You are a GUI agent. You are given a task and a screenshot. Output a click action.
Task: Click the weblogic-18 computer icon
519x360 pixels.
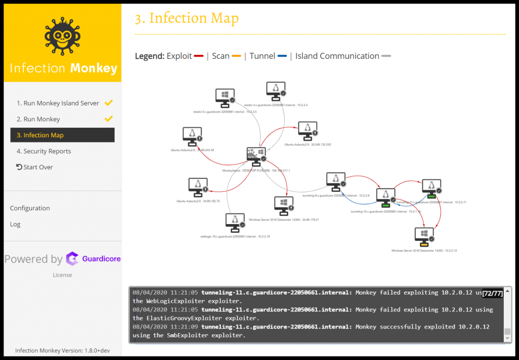tap(235, 222)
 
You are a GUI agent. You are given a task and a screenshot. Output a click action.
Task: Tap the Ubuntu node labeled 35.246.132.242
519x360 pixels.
tap(307, 131)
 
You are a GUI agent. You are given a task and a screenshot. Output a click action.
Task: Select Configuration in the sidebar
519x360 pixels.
tap(30, 208)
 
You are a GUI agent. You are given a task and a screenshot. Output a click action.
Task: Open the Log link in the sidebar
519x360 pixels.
tap(15, 224)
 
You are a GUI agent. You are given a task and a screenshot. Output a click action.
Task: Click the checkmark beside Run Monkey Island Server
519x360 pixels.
tap(108, 103)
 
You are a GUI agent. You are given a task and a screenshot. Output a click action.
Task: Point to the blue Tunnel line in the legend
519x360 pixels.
tap(282, 56)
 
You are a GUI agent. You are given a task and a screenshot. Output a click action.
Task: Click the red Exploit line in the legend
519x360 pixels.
tap(199, 56)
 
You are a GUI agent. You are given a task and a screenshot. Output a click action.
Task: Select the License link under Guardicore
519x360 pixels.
tap(62, 275)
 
